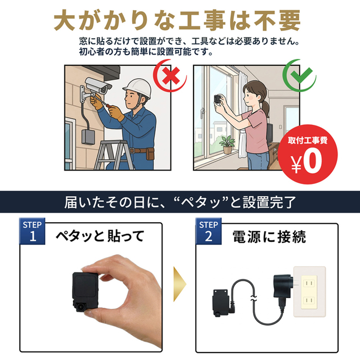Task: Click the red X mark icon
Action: pos(171,76)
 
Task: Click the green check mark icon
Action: pos(300,75)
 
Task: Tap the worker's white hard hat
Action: pos(137,88)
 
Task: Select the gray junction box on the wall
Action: pos(88,137)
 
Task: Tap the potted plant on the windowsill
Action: pos(227,144)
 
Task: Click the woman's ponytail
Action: pos(265,109)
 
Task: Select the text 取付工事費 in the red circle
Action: pos(308,140)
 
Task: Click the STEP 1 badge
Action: pos(32,231)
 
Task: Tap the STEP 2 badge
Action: pos(209,231)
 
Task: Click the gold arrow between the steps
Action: pos(179,284)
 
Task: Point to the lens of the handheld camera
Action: pos(80,307)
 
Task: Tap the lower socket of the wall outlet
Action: pos(309,300)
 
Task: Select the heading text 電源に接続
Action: pos(269,237)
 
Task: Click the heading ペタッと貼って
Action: pos(100,236)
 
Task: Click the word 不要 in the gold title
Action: pos(277,20)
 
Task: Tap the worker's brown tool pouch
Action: pos(150,154)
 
